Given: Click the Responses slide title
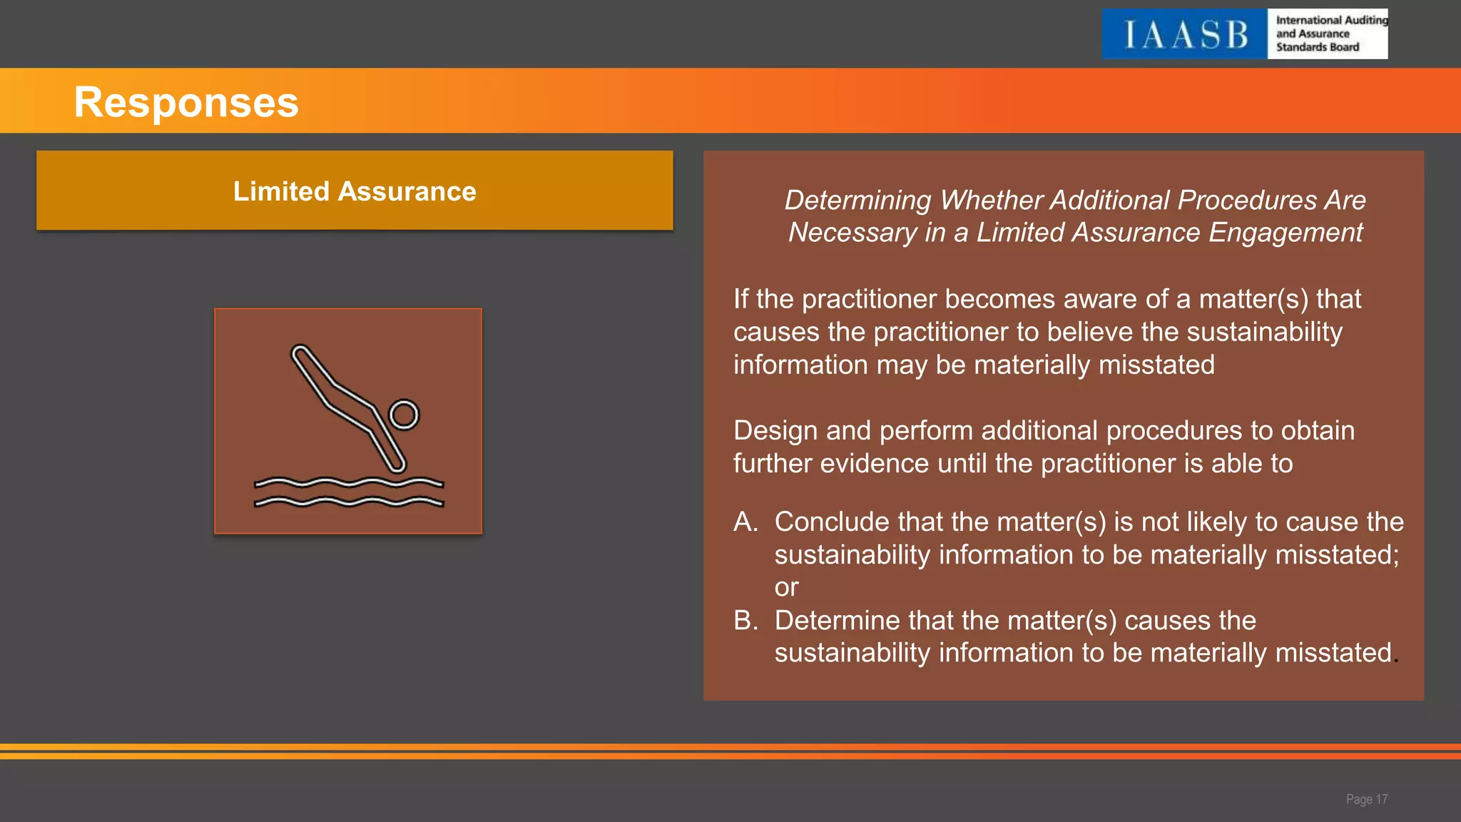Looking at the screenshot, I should tap(186, 102).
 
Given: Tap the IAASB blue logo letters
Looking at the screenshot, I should tap(1185, 35).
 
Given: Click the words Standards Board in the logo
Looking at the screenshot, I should tap(1318, 47).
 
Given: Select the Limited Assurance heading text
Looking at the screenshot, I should tap(355, 191).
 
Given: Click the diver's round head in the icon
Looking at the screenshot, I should tap(404, 415).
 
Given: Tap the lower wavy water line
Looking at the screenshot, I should tap(349, 502).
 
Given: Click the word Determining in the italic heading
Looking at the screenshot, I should tap(857, 201).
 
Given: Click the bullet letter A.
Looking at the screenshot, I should tap(745, 522).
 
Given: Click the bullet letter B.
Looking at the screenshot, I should tap(745, 620).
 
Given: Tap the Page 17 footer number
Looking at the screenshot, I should tap(1366, 799).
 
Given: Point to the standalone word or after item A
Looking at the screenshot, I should tap(786, 587).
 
